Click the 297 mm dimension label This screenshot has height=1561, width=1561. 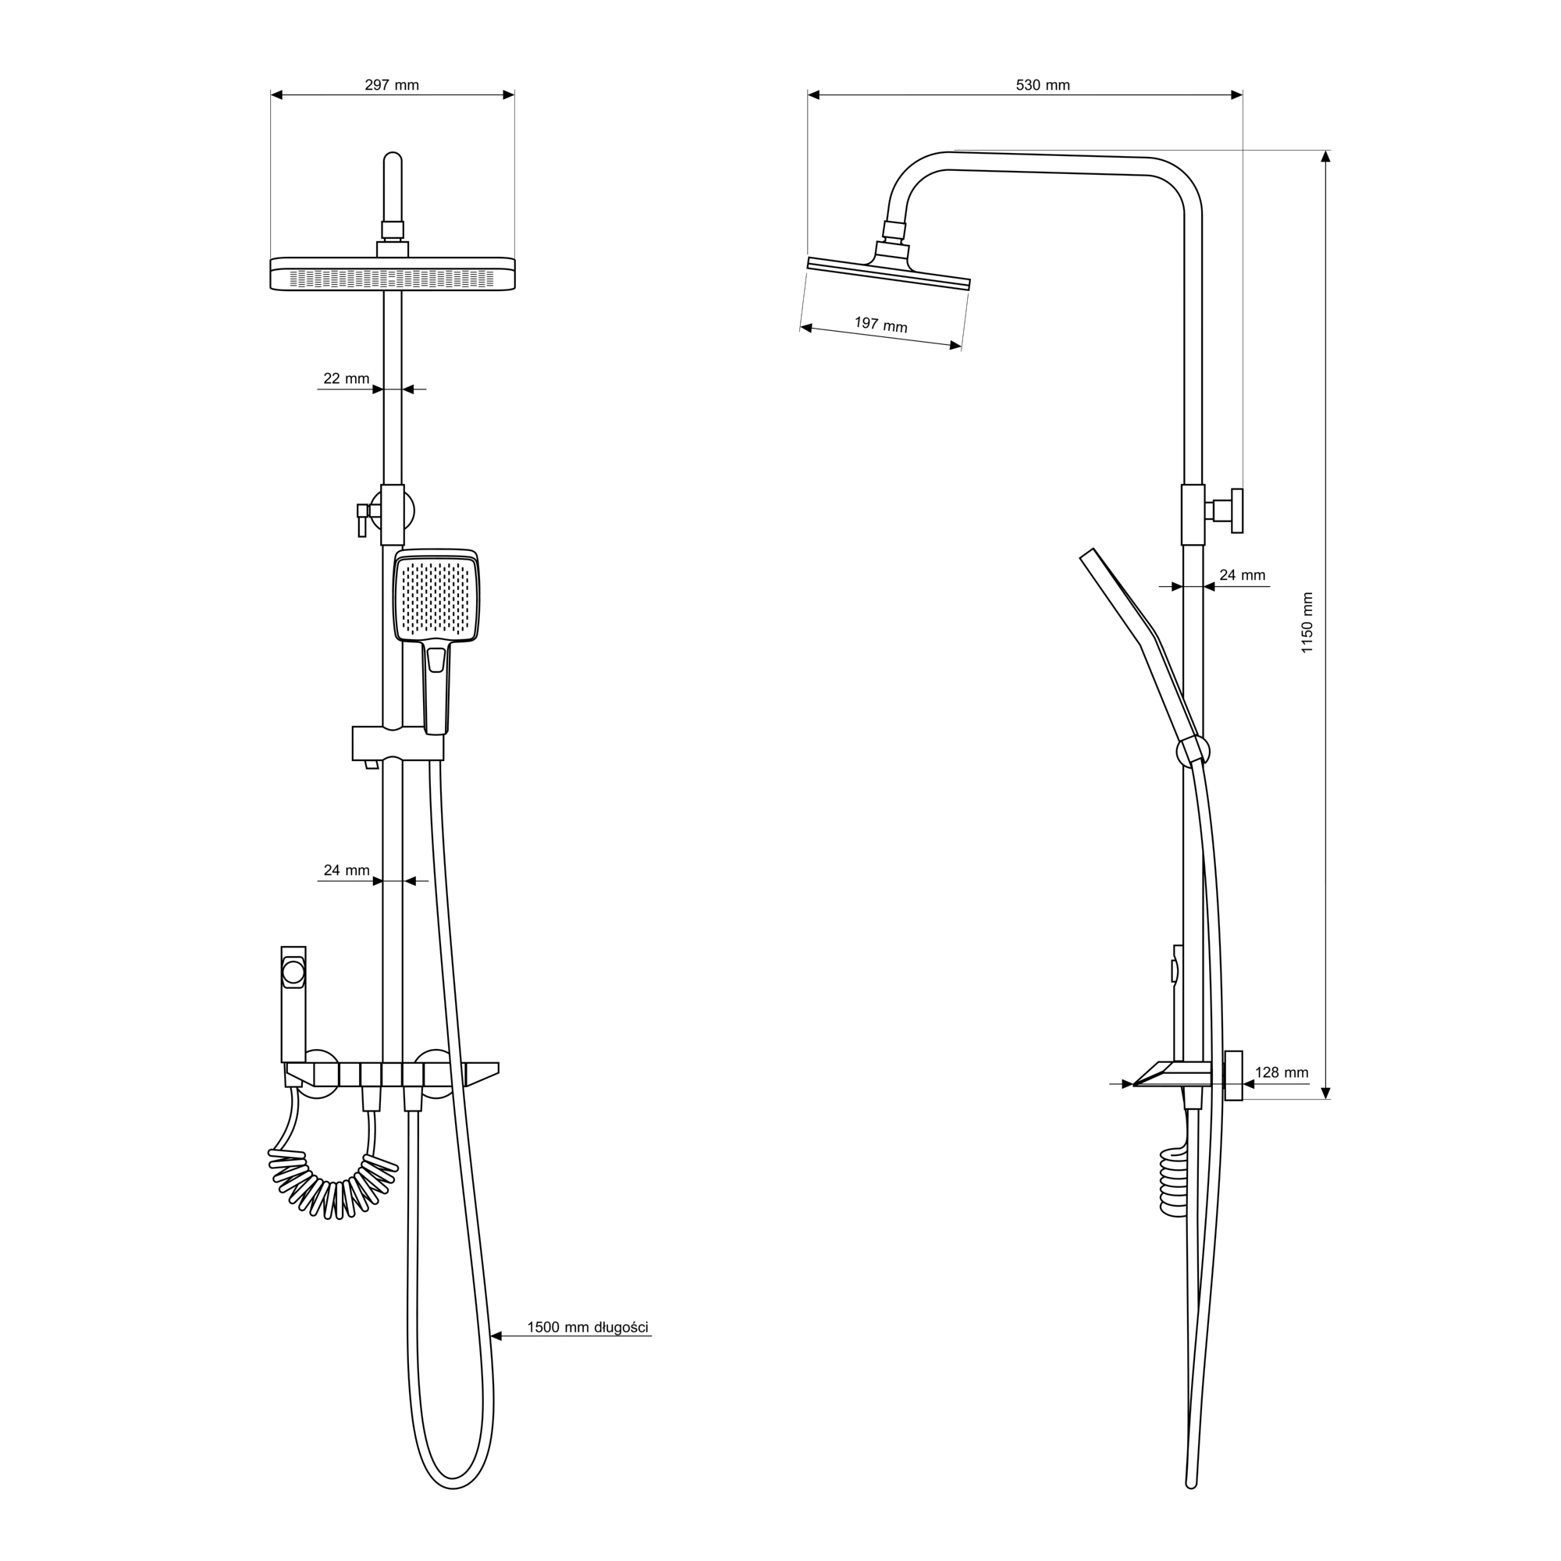[392, 85]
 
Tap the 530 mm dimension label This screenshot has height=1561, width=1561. [1042, 85]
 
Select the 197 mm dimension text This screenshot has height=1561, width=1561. [880, 325]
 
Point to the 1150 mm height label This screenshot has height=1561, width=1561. [1307, 622]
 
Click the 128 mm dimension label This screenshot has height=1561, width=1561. [1282, 1073]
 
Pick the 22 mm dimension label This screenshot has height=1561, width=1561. [346, 378]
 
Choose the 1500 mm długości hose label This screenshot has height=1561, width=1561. [588, 1327]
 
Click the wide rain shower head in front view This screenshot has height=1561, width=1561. [392, 273]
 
